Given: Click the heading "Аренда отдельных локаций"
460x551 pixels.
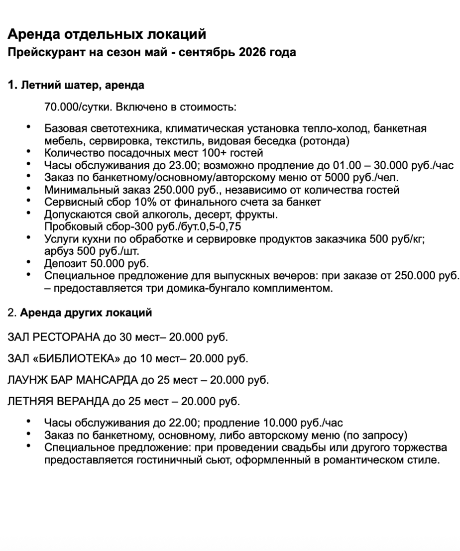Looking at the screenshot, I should click(x=107, y=34).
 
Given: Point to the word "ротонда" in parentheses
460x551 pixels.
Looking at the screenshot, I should click(x=326, y=141).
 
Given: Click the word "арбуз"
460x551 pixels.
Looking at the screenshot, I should click(x=58, y=251).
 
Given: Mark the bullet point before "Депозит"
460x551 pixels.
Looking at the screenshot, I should click(x=29, y=263).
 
